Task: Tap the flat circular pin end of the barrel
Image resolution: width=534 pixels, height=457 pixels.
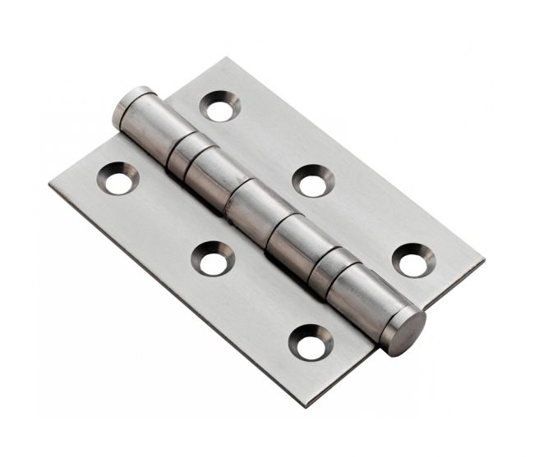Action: (x=406, y=331)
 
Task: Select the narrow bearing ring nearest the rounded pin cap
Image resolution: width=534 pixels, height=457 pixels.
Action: (x=182, y=153)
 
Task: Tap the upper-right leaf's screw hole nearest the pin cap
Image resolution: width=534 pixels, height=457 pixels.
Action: (x=219, y=107)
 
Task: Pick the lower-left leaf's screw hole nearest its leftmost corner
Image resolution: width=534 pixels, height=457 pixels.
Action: (x=118, y=179)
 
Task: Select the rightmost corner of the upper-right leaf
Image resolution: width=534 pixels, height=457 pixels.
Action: (x=483, y=264)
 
